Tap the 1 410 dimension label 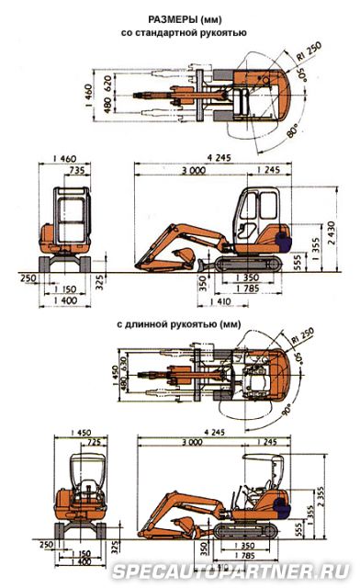pyautogui.click(x=219, y=300)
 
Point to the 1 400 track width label pyautogui.click(x=63, y=300)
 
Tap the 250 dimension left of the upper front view pyautogui.click(x=28, y=279)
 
